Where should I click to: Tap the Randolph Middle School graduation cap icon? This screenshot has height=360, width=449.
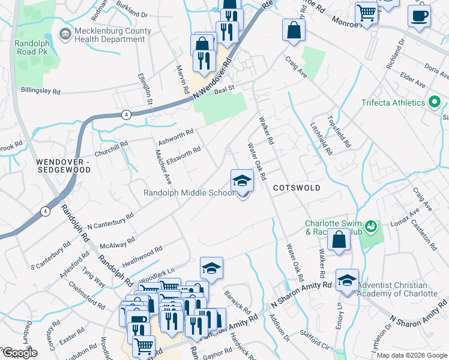pos(242,179)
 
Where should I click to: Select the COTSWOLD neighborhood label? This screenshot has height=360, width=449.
pos(297,188)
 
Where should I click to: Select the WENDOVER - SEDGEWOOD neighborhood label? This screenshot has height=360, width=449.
pos(63,166)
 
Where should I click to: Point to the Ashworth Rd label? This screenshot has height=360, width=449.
pos(175,137)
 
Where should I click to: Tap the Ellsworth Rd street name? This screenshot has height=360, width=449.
pos(183,154)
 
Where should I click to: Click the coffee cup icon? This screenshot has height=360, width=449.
pos(419,16)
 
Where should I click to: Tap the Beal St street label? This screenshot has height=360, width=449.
pos(223,87)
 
